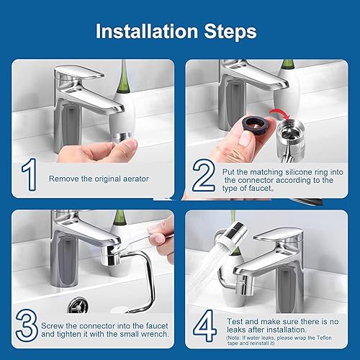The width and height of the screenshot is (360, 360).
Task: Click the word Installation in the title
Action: tap(147, 31)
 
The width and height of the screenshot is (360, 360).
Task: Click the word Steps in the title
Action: tap(230, 31)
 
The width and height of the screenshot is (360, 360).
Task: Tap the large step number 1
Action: tap(30, 174)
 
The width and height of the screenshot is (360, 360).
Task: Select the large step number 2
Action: tap(204, 175)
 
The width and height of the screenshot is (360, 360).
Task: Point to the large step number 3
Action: tap(27, 325)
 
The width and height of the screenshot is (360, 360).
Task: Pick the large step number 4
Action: tap(204, 325)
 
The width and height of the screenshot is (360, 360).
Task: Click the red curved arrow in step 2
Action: tap(280, 113)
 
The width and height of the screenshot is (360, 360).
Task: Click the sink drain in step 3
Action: tap(78, 305)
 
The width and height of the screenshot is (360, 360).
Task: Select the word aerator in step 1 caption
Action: tap(136, 179)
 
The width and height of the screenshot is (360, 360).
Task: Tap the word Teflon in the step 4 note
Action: tap(324, 338)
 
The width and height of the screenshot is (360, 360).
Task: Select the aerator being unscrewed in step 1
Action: tap(122, 138)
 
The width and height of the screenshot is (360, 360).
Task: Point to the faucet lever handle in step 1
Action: tap(79, 72)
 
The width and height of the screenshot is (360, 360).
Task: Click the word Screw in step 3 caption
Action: tap(53, 325)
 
